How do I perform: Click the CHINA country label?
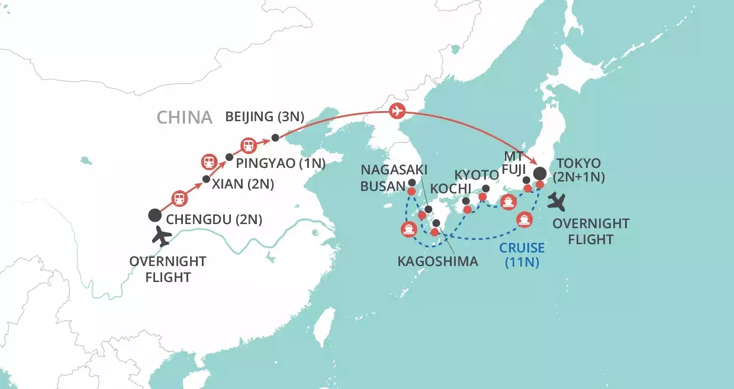click(x=184, y=117)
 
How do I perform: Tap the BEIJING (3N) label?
click(x=265, y=117)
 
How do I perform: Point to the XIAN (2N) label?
click(x=244, y=184)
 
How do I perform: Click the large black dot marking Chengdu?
click(x=154, y=216)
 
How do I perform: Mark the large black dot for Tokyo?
click(x=540, y=174)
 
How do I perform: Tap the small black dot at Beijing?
click(x=275, y=138)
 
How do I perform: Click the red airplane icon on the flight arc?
click(x=397, y=111)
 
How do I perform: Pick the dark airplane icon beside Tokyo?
click(x=558, y=201)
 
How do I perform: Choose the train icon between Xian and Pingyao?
click(x=208, y=161)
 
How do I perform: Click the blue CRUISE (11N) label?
click(x=521, y=254)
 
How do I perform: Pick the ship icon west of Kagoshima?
click(x=408, y=229)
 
